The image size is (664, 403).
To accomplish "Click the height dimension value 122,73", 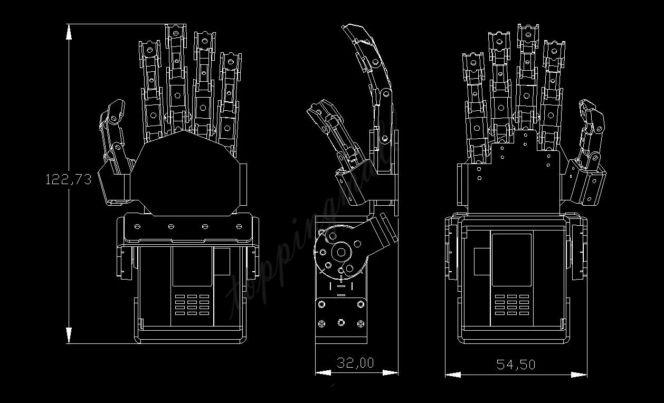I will coord(69,179).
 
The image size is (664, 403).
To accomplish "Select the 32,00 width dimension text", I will coord(355,363).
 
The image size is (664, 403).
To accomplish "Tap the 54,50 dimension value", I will coord(516,364).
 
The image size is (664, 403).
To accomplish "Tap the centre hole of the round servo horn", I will coord(342,252).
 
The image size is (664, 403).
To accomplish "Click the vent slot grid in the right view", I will coord(511,304).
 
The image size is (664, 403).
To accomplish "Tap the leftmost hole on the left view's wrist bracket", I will coord(137,226).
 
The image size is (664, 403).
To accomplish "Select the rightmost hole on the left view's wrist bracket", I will coord(239,227).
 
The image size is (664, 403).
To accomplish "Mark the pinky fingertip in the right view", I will coord(473,61).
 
